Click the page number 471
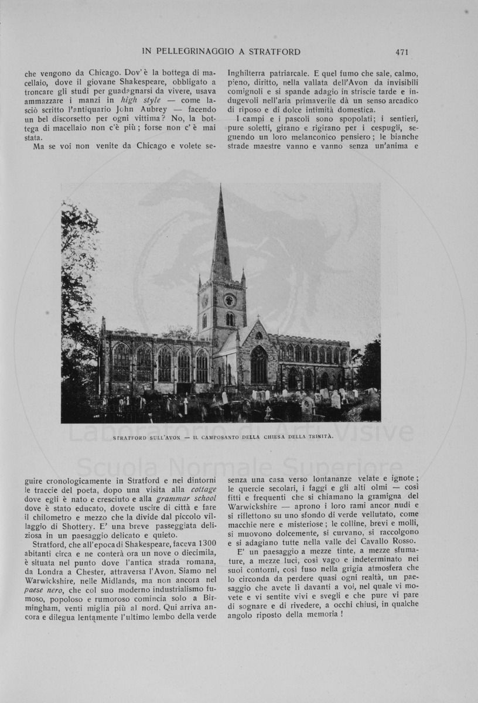[401, 52]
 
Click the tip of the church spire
[221, 187]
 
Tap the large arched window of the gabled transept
[259, 366]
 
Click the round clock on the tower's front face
[229, 300]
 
